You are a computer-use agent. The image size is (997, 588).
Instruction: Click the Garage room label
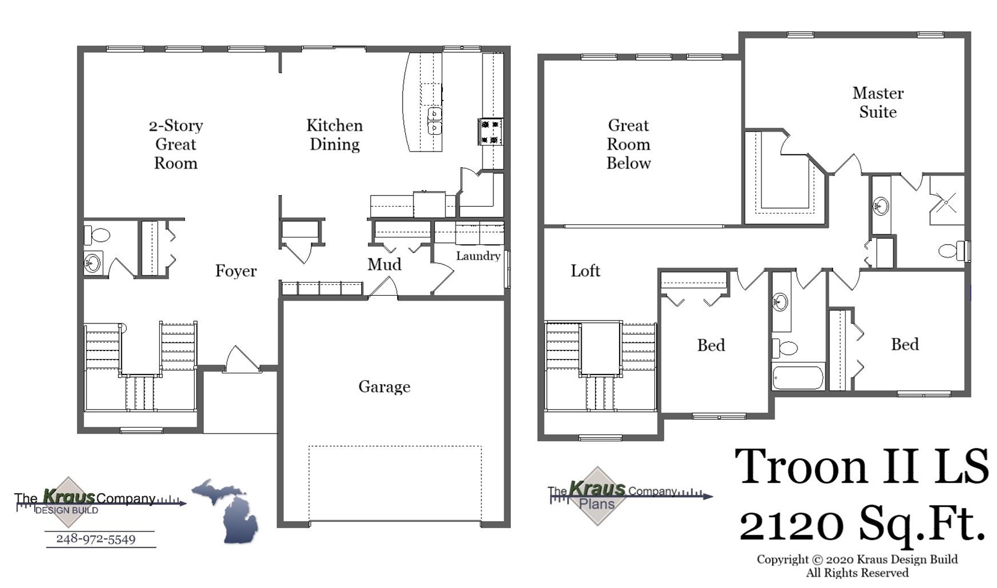click(384, 387)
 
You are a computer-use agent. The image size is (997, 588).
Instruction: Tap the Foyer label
click(236, 271)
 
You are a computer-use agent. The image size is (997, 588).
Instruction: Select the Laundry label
click(478, 256)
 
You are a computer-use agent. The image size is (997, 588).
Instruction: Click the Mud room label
click(384, 265)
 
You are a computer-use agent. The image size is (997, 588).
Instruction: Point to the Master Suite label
click(877, 102)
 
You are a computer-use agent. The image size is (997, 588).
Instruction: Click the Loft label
click(585, 271)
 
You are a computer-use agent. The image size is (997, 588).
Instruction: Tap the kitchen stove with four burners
click(490, 132)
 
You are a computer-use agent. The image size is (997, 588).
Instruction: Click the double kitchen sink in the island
click(434, 121)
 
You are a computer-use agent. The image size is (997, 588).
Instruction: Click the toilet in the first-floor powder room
click(98, 234)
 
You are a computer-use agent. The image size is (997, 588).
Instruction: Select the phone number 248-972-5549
click(96, 539)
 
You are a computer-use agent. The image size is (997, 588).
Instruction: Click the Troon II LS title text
click(861, 467)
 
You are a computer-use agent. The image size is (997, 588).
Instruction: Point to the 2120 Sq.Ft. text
click(861, 524)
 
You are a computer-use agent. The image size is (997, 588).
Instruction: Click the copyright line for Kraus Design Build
click(856, 560)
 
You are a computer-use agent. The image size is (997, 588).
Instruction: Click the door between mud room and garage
click(383, 288)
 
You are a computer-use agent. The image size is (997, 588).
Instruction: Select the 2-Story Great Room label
click(175, 144)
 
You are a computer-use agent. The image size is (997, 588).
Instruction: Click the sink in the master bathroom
click(880, 206)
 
